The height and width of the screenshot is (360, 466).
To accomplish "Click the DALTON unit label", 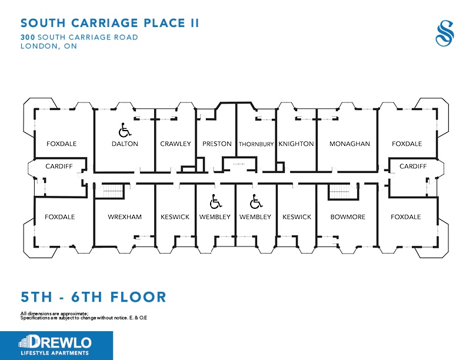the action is click(x=125, y=144).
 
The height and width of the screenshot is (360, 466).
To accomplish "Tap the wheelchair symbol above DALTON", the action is click(x=124, y=128).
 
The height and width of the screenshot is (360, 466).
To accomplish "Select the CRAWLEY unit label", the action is click(x=175, y=144).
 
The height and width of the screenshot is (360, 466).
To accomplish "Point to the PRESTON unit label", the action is click(x=217, y=144).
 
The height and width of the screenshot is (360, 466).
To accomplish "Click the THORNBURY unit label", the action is click(x=257, y=144).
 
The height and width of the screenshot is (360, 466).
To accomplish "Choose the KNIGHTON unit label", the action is click(x=296, y=144).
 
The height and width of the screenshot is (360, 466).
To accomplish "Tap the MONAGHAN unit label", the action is click(x=349, y=144).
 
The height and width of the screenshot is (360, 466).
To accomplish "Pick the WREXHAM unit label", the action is click(x=125, y=217).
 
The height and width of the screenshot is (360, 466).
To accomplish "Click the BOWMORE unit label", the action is click(x=348, y=217).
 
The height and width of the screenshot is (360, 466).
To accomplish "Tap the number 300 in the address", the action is click(x=28, y=37).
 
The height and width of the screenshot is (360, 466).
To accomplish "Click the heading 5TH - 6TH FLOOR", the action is click(x=94, y=296).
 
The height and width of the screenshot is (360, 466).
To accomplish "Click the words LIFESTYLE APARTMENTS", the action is click(x=54, y=353).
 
